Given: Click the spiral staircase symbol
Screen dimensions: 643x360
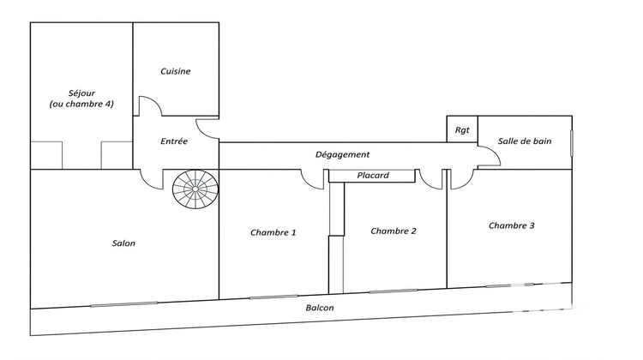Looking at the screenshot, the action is (195, 189).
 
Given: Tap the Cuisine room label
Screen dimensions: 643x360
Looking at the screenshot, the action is (175, 71).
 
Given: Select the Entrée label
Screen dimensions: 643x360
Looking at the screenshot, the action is (174, 141).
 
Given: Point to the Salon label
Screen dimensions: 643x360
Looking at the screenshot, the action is (123, 243).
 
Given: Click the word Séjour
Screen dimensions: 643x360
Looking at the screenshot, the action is (81, 93).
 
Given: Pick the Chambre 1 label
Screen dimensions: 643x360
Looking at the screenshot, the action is (273, 232).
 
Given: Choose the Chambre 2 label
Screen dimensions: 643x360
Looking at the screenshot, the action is (394, 231).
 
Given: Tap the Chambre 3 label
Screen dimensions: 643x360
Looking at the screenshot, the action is (511, 225).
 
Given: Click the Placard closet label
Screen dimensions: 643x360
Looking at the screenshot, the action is (373, 176).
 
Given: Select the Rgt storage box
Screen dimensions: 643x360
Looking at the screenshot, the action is (462, 129).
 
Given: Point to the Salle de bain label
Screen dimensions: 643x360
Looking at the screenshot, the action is (525, 141).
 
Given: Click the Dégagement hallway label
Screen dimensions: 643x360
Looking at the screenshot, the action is (342, 154).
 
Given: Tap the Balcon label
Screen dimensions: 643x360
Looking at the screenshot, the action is (320, 308).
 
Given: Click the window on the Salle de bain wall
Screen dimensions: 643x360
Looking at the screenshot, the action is (572, 143).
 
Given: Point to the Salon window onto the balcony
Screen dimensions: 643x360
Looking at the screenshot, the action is (123, 304).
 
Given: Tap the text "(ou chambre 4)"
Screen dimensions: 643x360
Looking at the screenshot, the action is (81, 105).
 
